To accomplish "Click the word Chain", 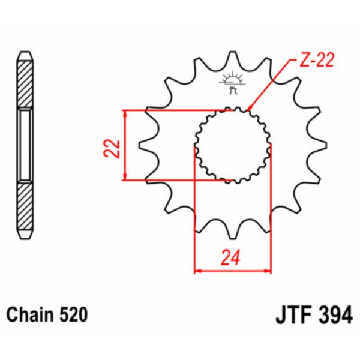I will coord(31,314).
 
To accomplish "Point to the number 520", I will coord(73,314).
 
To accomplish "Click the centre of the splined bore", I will coord(232,145).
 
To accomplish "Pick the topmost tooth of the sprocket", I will coord(232,57).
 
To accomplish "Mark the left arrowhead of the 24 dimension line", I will coord(196,271).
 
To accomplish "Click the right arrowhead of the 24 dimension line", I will coord(270,271).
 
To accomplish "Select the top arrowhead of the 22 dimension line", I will coord(124,112).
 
